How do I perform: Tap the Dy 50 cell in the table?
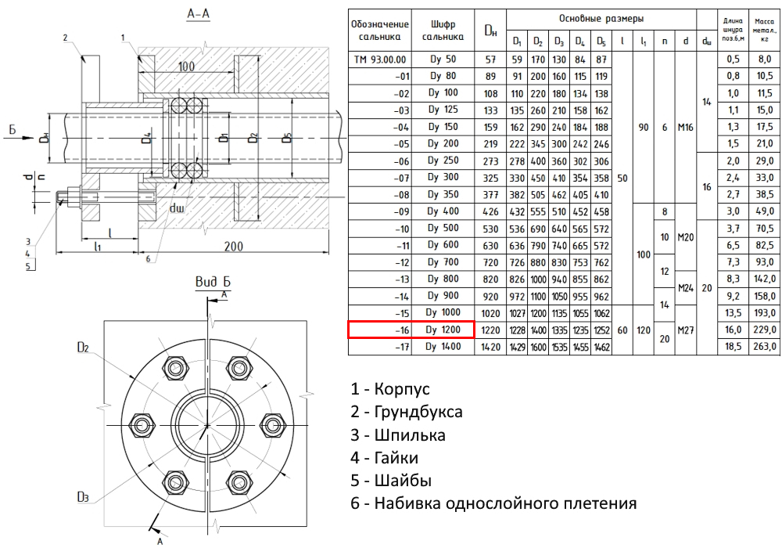443,59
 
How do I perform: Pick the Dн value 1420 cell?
490,345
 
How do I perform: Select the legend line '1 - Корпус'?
391,388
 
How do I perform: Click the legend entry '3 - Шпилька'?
398,434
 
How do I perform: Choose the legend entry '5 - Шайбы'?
391,480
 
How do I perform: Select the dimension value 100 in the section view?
186,67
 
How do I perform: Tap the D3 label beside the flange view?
84,496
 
